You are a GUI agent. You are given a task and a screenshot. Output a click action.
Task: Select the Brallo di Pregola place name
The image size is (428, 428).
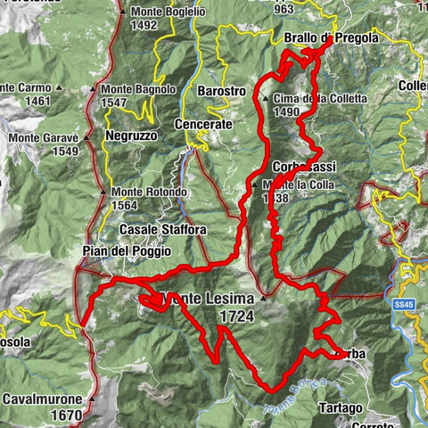coord(331,38)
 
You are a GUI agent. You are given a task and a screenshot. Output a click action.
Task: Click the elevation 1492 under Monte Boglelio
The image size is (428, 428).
coord(145,25)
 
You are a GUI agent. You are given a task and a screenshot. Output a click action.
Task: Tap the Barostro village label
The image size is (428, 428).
coord(221,91)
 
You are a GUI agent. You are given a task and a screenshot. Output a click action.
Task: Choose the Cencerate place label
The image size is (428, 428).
coord(203,124)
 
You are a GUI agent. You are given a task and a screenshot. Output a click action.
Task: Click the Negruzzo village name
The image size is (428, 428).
coord(130,135)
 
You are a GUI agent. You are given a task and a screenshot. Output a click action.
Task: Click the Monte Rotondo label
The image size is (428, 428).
coord(150,192)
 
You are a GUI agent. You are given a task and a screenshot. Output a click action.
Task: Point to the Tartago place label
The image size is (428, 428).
coord(340,407)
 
